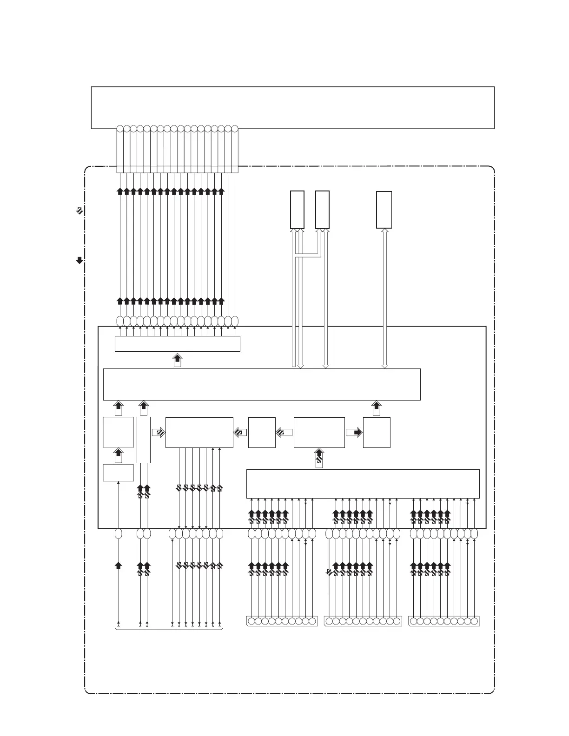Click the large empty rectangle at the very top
tap(292, 107)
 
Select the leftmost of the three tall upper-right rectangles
tap(297, 210)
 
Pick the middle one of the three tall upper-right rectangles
tap(322, 210)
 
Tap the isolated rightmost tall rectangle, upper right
tap(384, 210)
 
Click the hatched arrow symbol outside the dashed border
tap(79, 210)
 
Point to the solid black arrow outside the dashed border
tap(79, 260)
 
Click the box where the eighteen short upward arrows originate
tap(177, 344)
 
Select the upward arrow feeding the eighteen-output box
tap(177, 360)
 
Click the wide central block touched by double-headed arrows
tap(262, 384)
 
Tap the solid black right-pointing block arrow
tap(354, 433)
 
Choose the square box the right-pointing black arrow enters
tap(377, 433)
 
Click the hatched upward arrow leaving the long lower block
tap(319, 458)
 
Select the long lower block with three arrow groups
tap(363, 484)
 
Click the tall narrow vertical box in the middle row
tap(144, 440)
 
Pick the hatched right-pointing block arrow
tap(158, 433)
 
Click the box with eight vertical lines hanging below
tap(199, 433)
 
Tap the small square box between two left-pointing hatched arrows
tap(262, 433)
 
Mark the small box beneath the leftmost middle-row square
tap(118, 473)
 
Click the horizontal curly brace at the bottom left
tap(169, 629)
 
